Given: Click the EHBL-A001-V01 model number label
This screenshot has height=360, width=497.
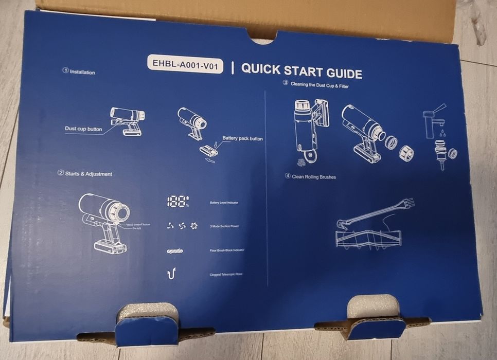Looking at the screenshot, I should coord(185,65).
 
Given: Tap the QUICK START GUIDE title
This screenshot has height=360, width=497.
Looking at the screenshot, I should coord(301,71).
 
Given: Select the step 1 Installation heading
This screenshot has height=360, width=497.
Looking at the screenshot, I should coord(79,72).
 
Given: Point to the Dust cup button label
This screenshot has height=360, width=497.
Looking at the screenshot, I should coord(83,129).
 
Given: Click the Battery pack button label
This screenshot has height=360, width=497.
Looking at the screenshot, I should coord(242,139).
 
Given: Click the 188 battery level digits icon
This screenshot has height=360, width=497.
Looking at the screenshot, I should coord(177,202).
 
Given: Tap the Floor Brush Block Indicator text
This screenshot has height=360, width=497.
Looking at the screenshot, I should coord(227,250).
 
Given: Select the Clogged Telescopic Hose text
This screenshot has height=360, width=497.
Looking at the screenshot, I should coord(226,274).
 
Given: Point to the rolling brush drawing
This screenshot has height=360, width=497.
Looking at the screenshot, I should coord(371,238).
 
